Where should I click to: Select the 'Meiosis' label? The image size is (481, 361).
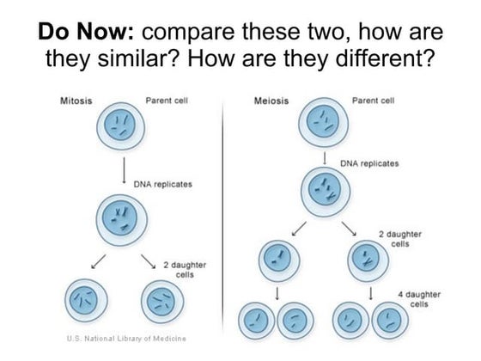pyautogui.click(x=271, y=101)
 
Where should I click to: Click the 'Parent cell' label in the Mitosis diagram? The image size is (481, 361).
pyautogui.click(x=167, y=101)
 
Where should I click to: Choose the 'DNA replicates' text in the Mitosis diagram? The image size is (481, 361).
pyautogui.click(x=163, y=184)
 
